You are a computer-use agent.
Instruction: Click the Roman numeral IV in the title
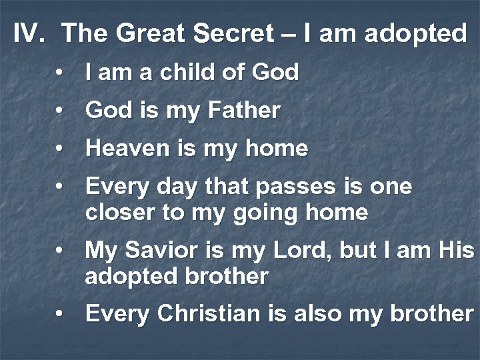29,33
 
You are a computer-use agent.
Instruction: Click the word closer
121,212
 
